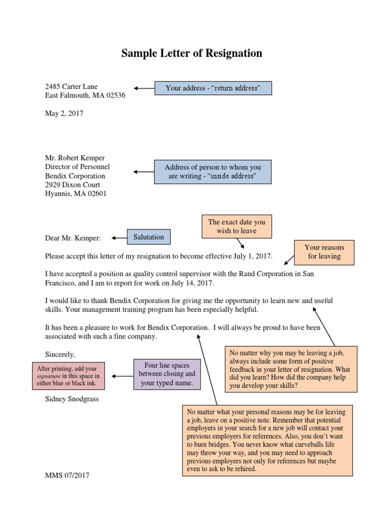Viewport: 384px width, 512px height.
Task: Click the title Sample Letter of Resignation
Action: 191,53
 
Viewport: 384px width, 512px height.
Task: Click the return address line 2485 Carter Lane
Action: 75,86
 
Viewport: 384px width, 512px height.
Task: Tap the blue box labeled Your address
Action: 213,88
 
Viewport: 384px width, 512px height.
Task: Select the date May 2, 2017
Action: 64,113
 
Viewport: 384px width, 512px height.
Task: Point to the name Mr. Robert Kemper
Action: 75,158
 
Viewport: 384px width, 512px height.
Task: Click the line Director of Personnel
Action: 77,167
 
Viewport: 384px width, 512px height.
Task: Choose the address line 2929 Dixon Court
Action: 72,185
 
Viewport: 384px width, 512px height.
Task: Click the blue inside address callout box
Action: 212,172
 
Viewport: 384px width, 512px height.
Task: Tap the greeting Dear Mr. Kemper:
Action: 73,238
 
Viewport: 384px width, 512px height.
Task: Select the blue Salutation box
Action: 148,237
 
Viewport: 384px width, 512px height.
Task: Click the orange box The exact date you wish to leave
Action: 237,226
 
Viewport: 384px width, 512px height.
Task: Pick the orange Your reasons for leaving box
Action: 324,251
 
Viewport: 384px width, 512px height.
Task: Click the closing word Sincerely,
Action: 60,354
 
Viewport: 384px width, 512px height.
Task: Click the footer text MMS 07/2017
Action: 67,475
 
